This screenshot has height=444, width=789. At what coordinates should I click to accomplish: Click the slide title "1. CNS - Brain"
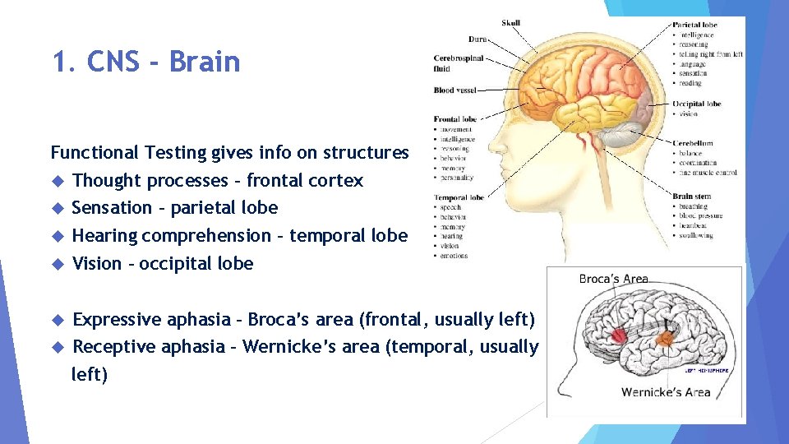pyautogui.click(x=146, y=62)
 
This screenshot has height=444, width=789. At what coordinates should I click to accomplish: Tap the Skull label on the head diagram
pyautogui.click(x=510, y=23)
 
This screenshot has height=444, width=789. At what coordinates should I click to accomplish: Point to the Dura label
pyautogui.click(x=478, y=39)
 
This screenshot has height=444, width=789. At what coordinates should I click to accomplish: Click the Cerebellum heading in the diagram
pyautogui.click(x=693, y=143)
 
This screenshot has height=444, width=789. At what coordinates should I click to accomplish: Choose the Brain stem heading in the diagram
pyautogui.click(x=690, y=197)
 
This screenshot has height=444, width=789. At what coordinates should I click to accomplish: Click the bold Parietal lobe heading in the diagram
pyautogui.click(x=694, y=25)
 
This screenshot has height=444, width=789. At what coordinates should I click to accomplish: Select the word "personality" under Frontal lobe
pyautogui.click(x=457, y=178)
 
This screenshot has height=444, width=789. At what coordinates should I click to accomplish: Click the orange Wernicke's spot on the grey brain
pyautogui.click(x=667, y=337)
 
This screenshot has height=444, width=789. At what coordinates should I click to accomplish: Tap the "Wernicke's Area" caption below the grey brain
pyautogui.click(x=666, y=392)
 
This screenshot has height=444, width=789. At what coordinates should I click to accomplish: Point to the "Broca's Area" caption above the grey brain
pyautogui.click(x=613, y=280)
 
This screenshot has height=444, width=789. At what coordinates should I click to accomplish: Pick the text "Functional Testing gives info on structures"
pyautogui.click(x=229, y=152)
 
